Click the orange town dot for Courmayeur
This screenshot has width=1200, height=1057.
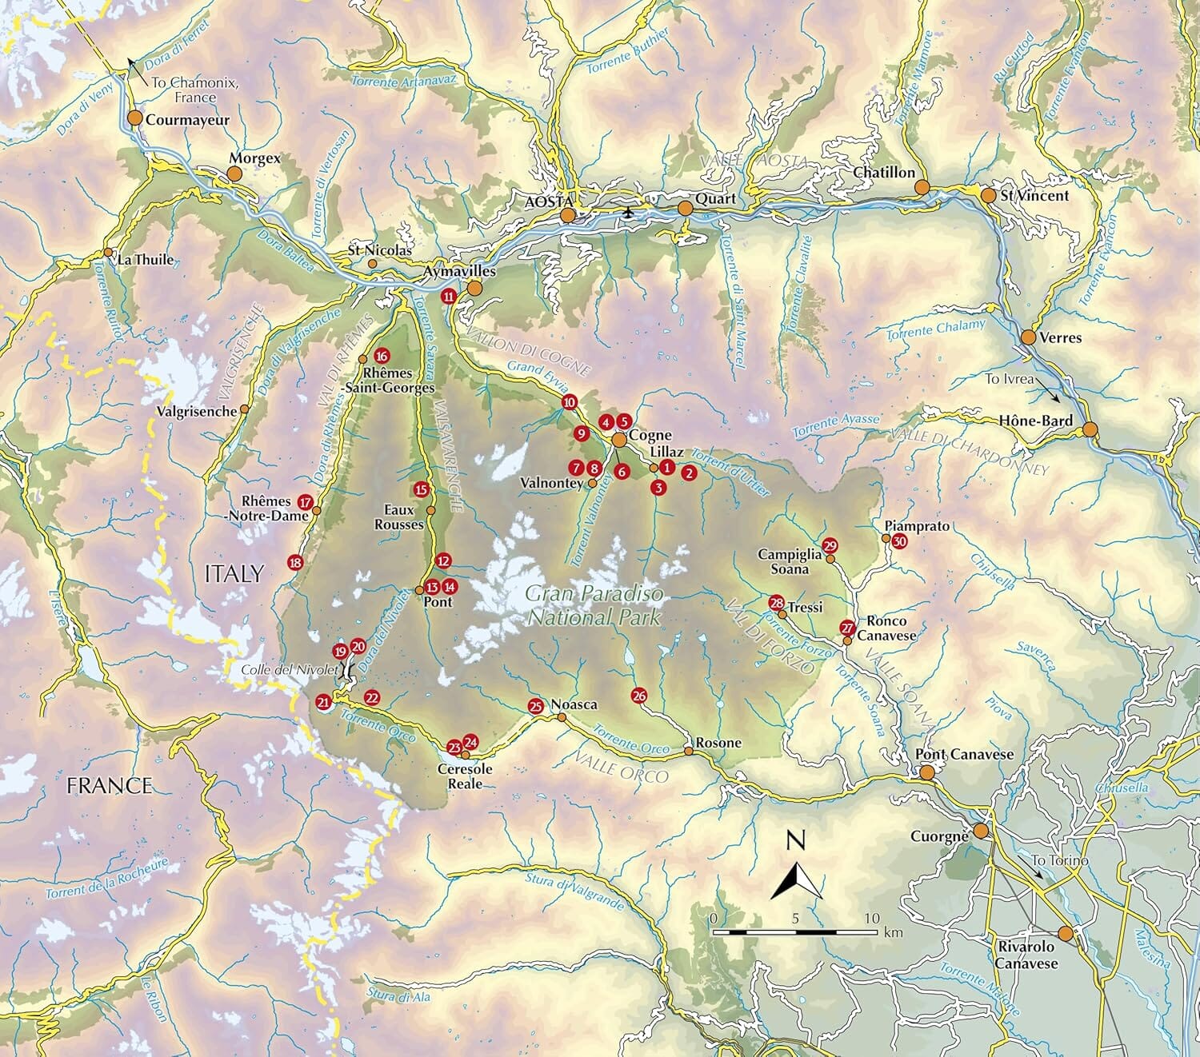coord(134,118)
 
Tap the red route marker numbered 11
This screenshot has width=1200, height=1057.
coord(449,296)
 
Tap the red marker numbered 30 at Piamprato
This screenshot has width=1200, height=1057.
coord(900,541)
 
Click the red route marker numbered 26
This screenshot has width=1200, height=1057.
coord(638,695)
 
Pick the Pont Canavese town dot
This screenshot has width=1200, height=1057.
coord(926,772)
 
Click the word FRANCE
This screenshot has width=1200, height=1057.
coord(110,785)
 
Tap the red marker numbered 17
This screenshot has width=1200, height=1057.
coord(305,502)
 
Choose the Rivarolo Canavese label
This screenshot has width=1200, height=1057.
coord(1026,955)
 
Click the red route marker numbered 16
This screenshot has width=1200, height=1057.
coord(381,356)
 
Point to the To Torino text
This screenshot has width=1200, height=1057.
coord(1060,860)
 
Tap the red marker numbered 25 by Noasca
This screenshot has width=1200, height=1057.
coord(536,705)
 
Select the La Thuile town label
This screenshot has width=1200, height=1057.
coord(145,260)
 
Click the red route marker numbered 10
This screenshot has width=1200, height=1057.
coord(569,402)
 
